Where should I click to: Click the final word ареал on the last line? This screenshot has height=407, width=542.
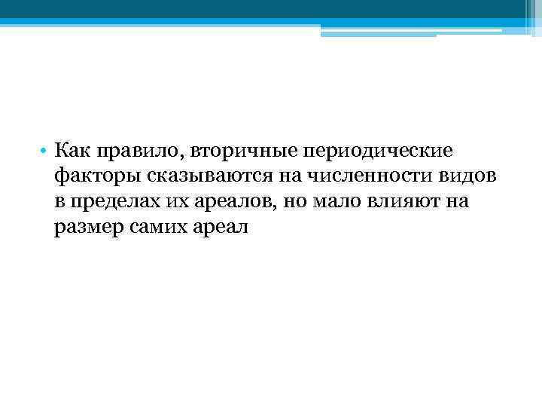pos(221,228)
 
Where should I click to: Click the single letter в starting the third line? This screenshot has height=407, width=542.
pos(59,202)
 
